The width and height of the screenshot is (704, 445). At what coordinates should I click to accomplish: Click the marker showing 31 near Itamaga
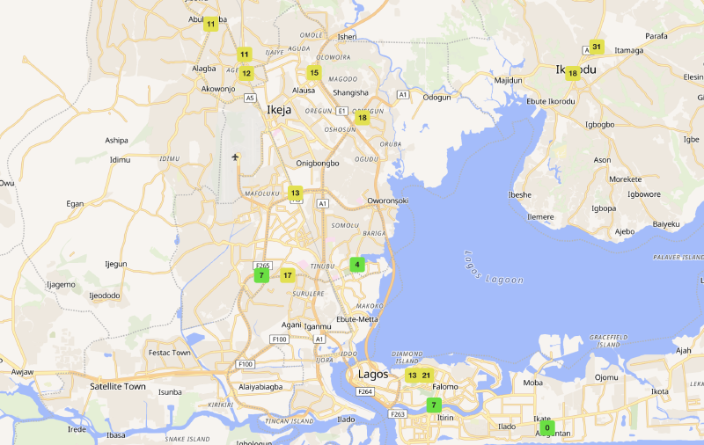597,47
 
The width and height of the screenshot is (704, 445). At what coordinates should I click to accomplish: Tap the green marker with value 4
356,264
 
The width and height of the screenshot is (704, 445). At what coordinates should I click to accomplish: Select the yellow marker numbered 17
287,275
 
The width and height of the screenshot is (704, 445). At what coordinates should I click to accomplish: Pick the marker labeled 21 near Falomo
426,376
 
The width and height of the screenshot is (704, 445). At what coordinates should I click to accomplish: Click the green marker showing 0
547,427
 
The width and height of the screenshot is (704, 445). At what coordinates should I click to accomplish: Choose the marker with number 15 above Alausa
314,73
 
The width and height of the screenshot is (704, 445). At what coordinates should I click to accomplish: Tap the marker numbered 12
246,74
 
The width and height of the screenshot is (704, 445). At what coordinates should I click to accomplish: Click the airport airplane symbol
235,157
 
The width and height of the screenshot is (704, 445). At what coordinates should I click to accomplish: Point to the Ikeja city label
281,110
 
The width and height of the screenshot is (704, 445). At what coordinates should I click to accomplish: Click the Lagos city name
373,374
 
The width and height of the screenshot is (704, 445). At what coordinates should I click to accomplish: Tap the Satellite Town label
118,386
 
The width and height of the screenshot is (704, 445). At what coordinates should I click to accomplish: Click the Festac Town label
169,353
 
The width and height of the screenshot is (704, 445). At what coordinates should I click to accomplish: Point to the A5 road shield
251,98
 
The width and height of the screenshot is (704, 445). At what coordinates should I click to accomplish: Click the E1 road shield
341,111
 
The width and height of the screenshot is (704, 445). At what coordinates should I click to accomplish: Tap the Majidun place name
509,80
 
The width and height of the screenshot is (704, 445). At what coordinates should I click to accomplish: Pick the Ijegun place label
116,264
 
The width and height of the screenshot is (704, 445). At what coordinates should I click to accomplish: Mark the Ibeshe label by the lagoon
520,194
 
